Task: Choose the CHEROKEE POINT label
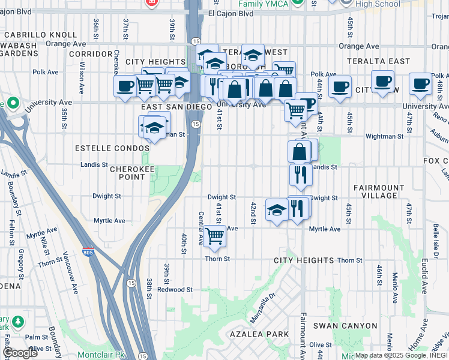coord(136,173)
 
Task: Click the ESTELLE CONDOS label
coord(104,148)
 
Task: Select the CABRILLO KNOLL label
coord(31,35)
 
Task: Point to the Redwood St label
coord(174,289)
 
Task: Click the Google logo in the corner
coord(20,353)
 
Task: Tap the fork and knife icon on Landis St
coord(300,174)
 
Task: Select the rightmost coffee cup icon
coord(420,83)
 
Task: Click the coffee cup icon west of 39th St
coord(125,86)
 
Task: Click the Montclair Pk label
coord(101,355)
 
